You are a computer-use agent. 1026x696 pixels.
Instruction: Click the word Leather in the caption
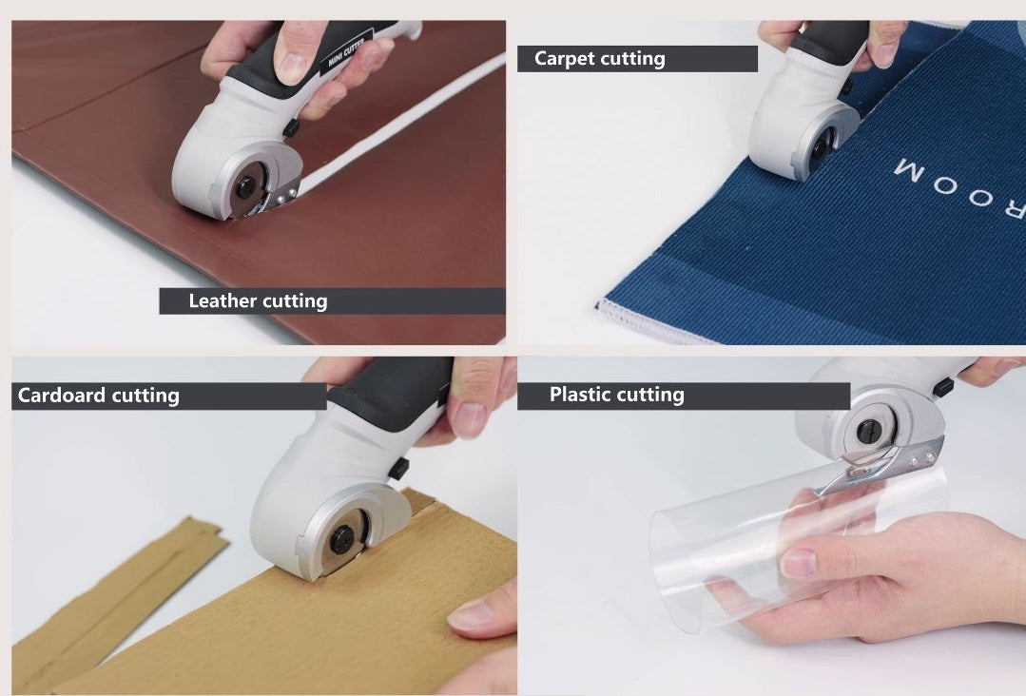223,300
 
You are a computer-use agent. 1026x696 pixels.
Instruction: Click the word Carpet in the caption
564,59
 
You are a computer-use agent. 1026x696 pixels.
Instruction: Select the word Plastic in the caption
580,394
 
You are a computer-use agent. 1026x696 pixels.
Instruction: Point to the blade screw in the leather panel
246,187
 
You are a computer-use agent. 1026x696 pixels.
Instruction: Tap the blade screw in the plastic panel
869,431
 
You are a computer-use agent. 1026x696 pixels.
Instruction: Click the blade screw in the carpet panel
820,148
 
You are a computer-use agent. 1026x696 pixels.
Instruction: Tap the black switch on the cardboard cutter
397,469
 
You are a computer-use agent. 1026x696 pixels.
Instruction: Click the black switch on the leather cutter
291,127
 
